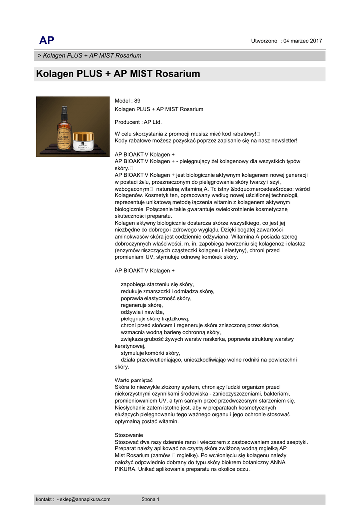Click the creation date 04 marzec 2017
pyautogui.click(x=302, y=41)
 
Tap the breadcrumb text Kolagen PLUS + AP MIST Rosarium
pyautogui.click(x=92, y=56)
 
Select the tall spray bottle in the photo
pyautogui.click(x=63, y=129)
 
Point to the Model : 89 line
pyautogui.click(x=128, y=101)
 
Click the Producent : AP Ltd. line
pyautogui.click(x=138, y=122)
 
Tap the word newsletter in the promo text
pyautogui.click(x=281, y=141)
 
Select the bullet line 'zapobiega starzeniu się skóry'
pyautogui.click(x=157, y=285)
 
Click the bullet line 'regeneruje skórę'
pyautogui.click(x=138, y=305)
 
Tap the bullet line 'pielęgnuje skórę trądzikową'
pyautogui.click(x=155, y=319)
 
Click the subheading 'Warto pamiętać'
pyautogui.click(x=134, y=381)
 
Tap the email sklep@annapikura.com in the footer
pyautogui.click(x=85, y=499)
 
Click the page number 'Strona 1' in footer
pyautogui.click(x=150, y=499)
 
